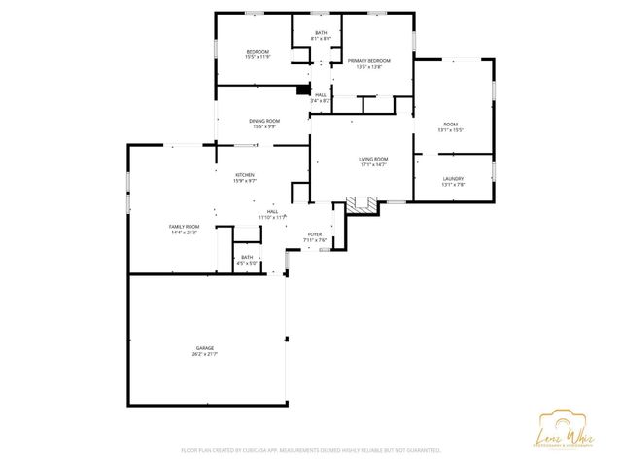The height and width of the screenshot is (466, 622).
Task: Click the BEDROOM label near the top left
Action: pyautogui.click(x=258, y=52)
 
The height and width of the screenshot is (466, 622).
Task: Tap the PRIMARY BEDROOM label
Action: pyautogui.click(x=368, y=61)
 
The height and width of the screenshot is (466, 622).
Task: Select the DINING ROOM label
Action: pyautogui.click(x=264, y=121)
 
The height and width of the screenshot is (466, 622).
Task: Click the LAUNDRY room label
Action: pyautogui.click(x=453, y=178)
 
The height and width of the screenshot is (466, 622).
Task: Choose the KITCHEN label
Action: pyautogui.click(x=244, y=175)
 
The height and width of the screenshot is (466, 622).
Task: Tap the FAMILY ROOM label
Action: pyautogui.click(x=185, y=227)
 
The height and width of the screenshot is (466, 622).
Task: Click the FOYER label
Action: pyautogui.click(x=315, y=234)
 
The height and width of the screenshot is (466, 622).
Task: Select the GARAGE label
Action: pyautogui.click(x=204, y=347)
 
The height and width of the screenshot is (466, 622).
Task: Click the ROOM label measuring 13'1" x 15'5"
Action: pyautogui.click(x=451, y=125)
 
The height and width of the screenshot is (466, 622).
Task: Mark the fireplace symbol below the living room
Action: pyautogui.click(x=362, y=205)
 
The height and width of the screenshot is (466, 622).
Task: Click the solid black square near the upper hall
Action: pyautogui.click(x=301, y=90)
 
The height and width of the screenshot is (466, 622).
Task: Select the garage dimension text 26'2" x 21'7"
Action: pyautogui.click(x=204, y=353)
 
